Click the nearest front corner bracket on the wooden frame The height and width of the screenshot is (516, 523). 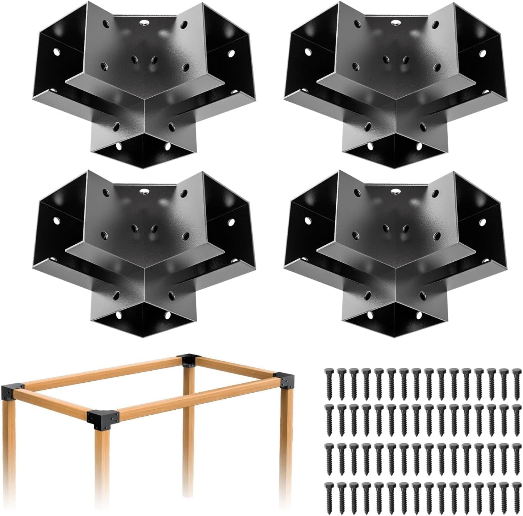point(103,418)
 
